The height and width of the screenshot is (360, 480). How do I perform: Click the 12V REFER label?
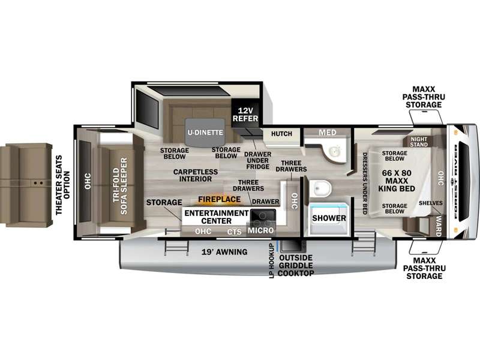(245, 115)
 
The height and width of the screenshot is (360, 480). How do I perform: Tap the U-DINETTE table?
(205, 133)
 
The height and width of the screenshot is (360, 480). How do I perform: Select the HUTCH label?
(281, 134)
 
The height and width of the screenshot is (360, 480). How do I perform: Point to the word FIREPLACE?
(219, 199)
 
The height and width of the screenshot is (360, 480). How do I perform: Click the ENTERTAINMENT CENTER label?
(217, 217)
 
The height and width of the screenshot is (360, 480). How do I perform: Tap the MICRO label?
(260, 230)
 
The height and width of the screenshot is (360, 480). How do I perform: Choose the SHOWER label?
(329, 218)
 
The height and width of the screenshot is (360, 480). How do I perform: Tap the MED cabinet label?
(328, 133)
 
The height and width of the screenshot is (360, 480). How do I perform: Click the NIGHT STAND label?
(419, 142)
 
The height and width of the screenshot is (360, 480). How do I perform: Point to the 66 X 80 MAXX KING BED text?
(397, 181)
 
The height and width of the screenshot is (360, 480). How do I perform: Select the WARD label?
(439, 226)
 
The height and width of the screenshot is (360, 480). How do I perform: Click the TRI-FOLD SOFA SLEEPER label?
(119, 186)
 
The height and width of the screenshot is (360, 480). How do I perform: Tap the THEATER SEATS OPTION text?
(63, 185)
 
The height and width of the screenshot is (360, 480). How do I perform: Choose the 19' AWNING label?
(224, 252)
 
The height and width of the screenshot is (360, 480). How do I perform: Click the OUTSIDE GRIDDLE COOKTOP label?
(296, 265)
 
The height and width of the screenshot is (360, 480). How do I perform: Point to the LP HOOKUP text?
(271, 261)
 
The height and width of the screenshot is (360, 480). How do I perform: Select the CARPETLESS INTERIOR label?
(196, 175)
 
